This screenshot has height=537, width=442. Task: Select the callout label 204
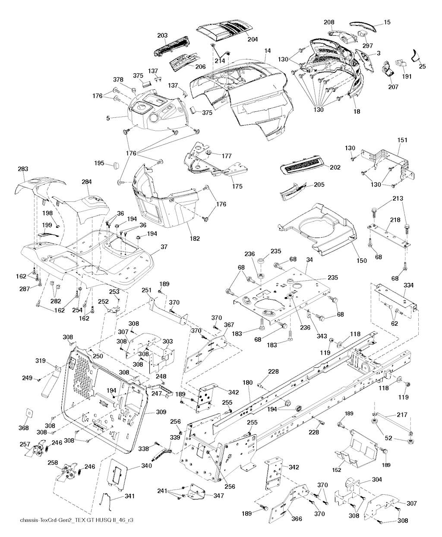click(x=253, y=39)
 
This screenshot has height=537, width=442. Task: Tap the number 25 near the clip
click(x=422, y=66)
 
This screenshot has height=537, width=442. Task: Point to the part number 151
click(x=402, y=140)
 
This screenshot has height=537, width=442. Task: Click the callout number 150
click(x=361, y=261)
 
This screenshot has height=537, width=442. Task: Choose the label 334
click(x=408, y=285)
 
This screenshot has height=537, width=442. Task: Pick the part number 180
click(x=247, y=383)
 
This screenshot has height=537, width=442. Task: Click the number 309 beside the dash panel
click(x=161, y=412)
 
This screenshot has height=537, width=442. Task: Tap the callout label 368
click(x=24, y=428)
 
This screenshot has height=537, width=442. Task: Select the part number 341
click(x=129, y=496)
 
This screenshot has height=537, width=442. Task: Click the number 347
click(x=218, y=496)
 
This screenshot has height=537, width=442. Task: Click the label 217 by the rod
click(x=402, y=415)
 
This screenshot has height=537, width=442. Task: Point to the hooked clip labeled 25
click(x=416, y=54)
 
